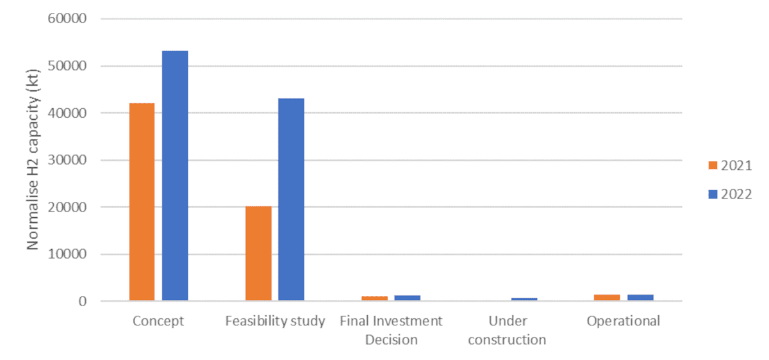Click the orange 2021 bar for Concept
142,202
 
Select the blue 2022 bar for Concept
175,176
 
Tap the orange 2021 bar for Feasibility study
258,254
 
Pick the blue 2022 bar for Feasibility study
291,199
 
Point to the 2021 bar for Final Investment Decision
375,298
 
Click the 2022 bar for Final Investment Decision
407,298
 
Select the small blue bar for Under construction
524,299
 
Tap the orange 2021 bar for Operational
608,297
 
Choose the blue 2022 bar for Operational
640,297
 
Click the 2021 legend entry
729,165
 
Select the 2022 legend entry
729,195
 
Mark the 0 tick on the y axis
83,301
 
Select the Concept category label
158,321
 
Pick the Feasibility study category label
275,321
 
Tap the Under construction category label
507,330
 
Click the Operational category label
624,321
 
